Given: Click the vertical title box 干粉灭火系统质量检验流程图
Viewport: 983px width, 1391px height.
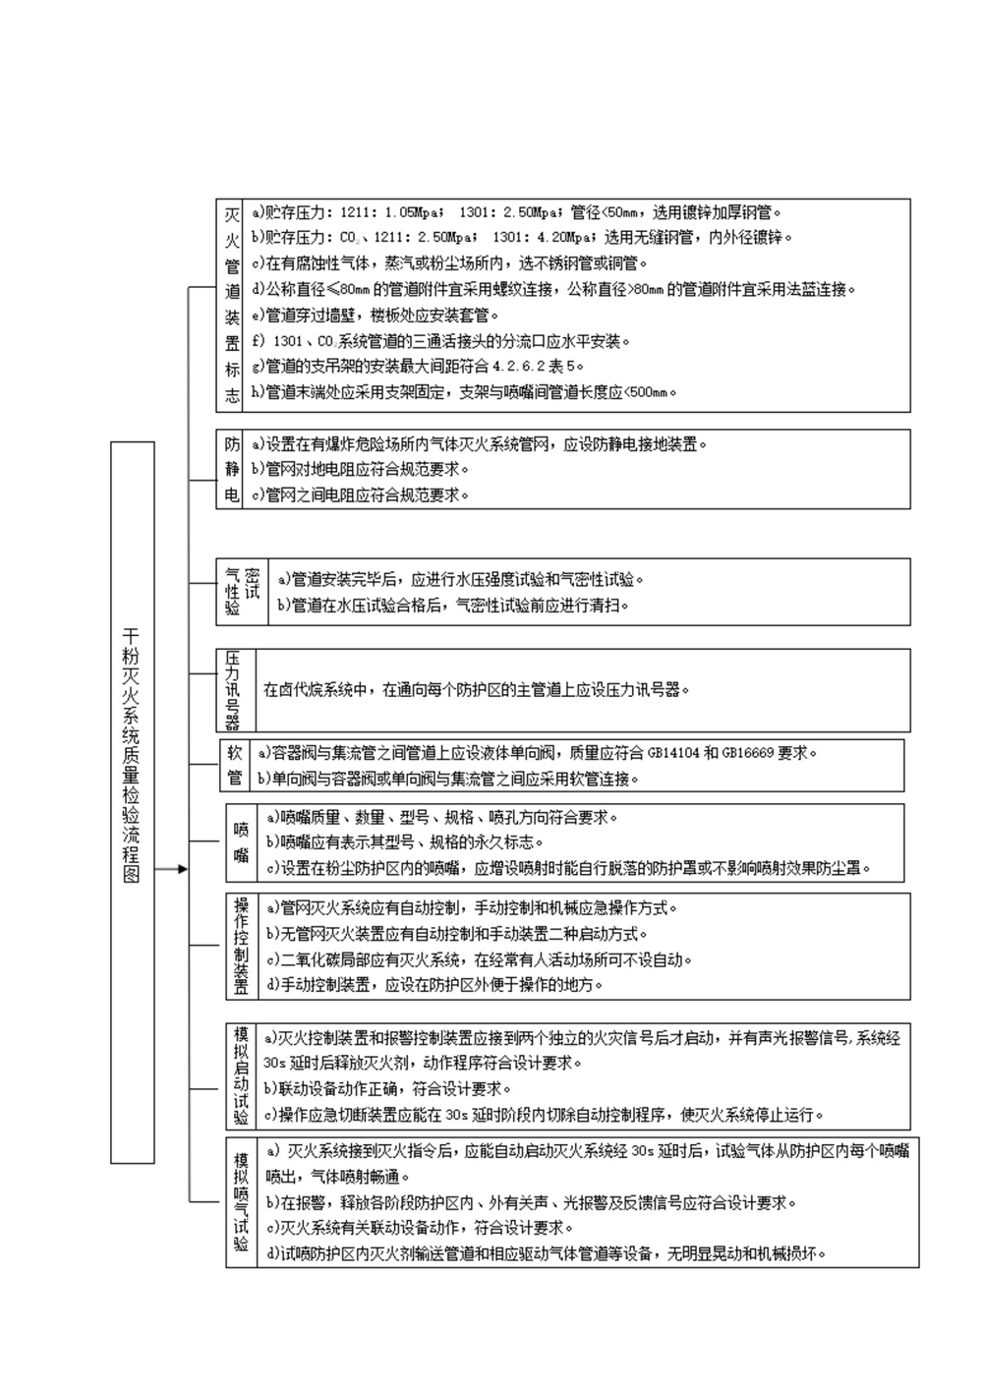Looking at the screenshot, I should click(132, 801).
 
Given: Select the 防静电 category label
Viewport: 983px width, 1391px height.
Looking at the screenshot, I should click(232, 469).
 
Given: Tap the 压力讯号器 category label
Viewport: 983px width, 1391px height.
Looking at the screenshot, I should click(233, 689).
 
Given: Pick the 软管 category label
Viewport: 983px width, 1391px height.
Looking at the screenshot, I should click(234, 766).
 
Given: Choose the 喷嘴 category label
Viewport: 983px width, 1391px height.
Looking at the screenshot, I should click(242, 842).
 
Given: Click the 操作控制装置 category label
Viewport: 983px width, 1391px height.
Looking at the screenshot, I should click(242, 946).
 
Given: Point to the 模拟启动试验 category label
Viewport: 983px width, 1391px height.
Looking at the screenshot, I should click(242, 1076).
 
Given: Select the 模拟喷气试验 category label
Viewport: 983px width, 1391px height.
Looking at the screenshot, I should click(242, 1202).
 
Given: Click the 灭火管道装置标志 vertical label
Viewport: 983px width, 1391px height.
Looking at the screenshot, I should click(232, 306).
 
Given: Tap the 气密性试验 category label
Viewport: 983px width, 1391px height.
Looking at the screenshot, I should click(242, 592).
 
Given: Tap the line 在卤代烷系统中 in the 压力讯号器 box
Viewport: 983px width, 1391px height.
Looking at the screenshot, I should click(476, 689).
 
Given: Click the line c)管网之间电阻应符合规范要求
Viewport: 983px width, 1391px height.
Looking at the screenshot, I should click(360, 495).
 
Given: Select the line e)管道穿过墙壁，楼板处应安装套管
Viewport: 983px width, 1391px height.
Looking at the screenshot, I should click(375, 315).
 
